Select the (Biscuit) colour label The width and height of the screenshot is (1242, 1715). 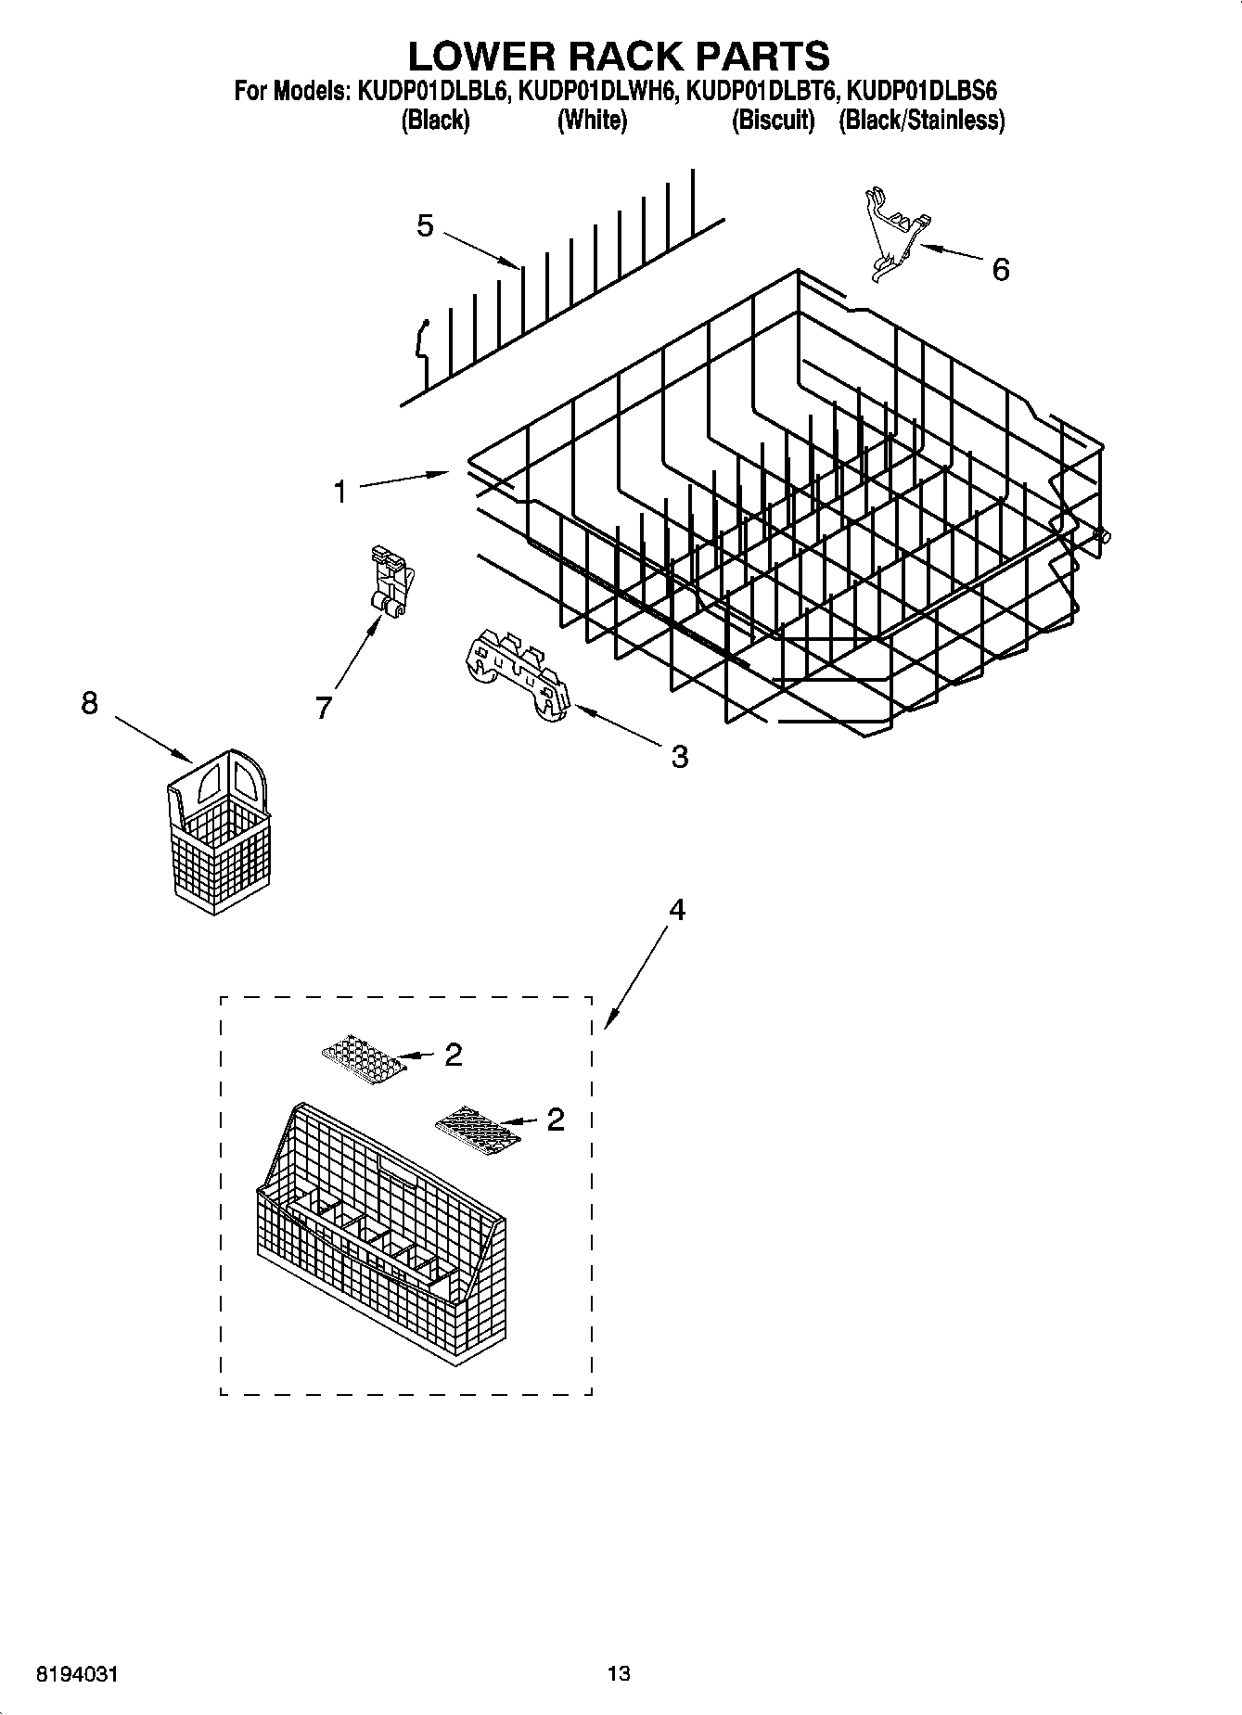tap(773, 121)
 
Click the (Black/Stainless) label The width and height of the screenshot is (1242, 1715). tap(921, 121)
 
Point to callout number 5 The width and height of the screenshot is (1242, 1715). tap(425, 225)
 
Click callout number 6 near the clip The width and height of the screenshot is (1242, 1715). tap(1000, 270)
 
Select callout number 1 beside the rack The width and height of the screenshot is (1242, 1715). tap(340, 492)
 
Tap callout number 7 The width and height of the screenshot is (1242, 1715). tap(323, 708)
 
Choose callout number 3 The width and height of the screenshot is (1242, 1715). tap(679, 757)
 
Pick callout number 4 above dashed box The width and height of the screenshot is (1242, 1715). tap(677, 911)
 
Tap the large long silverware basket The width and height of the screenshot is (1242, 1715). tap(380, 1234)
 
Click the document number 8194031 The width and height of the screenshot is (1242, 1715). tap(77, 1673)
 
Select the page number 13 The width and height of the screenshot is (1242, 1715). tap(619, 1673)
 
